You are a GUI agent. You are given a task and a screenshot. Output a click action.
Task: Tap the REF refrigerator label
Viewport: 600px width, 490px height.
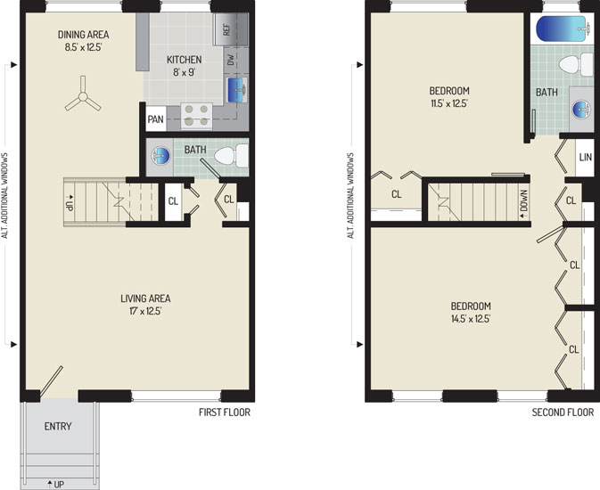point(226,30)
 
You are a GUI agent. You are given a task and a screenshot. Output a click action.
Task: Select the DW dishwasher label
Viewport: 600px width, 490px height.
point(230,60)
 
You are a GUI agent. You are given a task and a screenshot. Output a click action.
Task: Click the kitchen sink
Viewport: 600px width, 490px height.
point(237,90)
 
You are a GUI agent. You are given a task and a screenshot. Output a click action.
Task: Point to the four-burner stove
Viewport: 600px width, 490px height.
point(196,116)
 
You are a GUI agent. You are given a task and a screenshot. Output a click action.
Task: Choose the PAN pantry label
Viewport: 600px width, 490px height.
point(155,119)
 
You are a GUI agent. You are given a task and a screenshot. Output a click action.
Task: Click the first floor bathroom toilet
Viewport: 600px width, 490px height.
point(232,156)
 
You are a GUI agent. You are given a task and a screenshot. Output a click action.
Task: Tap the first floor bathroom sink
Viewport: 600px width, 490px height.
point(160,156)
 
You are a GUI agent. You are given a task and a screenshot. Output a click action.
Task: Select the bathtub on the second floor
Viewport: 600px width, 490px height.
point(562,29)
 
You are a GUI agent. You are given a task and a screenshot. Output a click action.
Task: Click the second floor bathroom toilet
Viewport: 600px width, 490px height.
point(576,65)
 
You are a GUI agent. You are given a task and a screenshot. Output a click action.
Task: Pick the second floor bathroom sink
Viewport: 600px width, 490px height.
point(581,109)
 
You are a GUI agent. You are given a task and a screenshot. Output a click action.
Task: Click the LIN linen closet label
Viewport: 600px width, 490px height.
point(585,157)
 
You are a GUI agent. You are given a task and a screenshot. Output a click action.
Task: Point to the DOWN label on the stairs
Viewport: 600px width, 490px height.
point(524,204)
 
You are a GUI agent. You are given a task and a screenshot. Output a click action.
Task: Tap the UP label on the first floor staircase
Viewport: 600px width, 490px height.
point(69,202)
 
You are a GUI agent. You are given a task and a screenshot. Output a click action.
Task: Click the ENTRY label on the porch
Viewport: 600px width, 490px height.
point(58,426)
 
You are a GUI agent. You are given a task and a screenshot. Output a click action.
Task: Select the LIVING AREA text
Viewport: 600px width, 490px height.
point(145,298)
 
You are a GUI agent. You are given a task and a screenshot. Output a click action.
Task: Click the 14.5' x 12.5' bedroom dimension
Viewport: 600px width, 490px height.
point(471,319)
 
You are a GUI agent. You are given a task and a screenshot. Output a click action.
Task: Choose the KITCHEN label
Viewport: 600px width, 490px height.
point(184,60)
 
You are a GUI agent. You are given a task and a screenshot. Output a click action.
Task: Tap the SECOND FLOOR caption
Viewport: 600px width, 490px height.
point(563,412)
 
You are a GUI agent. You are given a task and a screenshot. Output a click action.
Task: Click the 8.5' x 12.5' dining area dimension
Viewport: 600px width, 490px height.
point(83,47)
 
